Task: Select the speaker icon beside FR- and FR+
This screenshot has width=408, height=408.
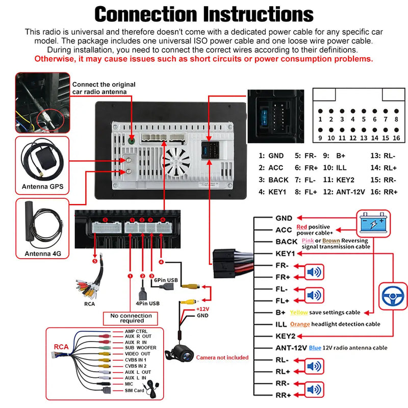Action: click(314, 272)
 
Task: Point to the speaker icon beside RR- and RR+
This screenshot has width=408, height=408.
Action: click(314, 389)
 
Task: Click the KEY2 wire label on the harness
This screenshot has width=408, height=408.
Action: click(285, 336)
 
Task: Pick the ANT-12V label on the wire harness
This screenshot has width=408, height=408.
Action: click(291, 348)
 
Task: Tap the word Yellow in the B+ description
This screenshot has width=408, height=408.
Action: click(298, 312)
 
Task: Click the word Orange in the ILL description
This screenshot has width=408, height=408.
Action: click(300, 324)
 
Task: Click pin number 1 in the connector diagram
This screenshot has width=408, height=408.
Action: click(320, 119)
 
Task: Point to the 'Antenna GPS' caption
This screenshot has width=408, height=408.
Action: click(42, 187)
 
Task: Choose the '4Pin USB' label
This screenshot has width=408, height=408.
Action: click(147, 303)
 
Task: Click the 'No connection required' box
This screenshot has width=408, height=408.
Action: click(131, 319)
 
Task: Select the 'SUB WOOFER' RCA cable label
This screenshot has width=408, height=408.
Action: click(141, 347)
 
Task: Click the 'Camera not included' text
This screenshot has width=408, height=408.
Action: click(222, 358)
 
